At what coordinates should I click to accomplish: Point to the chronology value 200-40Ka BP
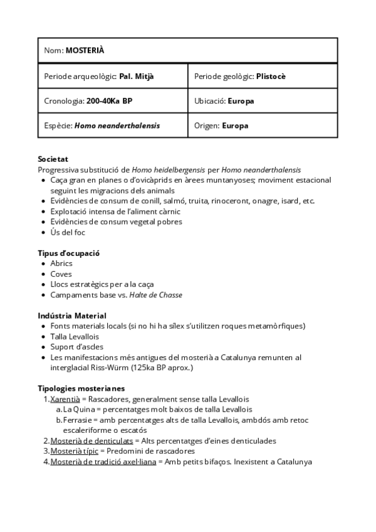point(109,100)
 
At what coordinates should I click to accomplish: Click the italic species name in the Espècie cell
point(117,125)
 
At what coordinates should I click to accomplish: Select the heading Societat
point(53,159)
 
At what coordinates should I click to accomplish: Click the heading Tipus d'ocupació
point(69,253)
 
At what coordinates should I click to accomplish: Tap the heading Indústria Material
point(72,316)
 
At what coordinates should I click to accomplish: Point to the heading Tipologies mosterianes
point(81,388)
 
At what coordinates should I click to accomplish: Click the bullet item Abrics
point(61,263)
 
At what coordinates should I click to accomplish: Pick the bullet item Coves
point(61,274)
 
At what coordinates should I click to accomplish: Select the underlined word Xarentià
point(65,399)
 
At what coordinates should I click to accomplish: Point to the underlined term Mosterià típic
point(75,451)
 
